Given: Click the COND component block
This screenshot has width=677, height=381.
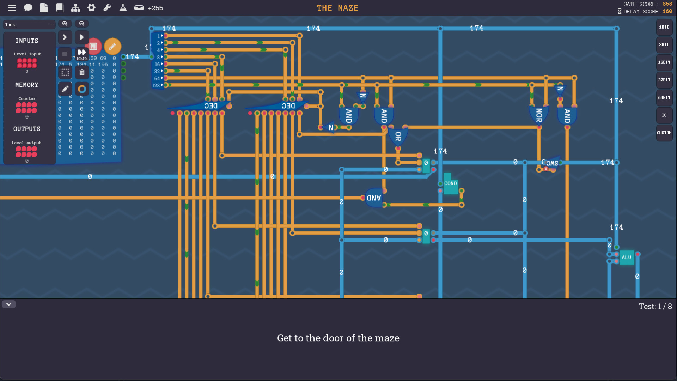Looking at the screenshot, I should [450, 184].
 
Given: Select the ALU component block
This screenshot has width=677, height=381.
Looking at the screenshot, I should [627, 258].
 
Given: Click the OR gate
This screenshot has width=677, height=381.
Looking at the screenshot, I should [398, 136].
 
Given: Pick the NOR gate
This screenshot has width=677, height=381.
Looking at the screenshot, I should [539, 115].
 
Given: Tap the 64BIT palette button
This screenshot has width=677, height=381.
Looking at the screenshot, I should [664, 98].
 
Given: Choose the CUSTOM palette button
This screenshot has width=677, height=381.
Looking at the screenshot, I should [664, 133].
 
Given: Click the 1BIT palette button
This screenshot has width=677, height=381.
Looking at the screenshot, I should [664, 27].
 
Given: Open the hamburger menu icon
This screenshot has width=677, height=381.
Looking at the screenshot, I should [12, 8].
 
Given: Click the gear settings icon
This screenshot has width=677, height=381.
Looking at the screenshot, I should [91, 8].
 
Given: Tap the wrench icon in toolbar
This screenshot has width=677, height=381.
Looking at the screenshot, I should [107, 8].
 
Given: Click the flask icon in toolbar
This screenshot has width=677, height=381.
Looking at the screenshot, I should [123, 8].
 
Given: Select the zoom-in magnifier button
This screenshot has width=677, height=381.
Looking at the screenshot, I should [65, 24].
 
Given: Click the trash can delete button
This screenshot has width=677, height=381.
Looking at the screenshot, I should [82, 73].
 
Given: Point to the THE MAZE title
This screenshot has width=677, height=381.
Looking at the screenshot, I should [337, 8].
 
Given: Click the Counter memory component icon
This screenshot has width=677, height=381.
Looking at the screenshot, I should [26, 108].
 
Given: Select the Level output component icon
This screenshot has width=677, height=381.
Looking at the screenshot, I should [26, 152].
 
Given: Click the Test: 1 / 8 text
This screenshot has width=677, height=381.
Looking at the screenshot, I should [655, 307].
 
